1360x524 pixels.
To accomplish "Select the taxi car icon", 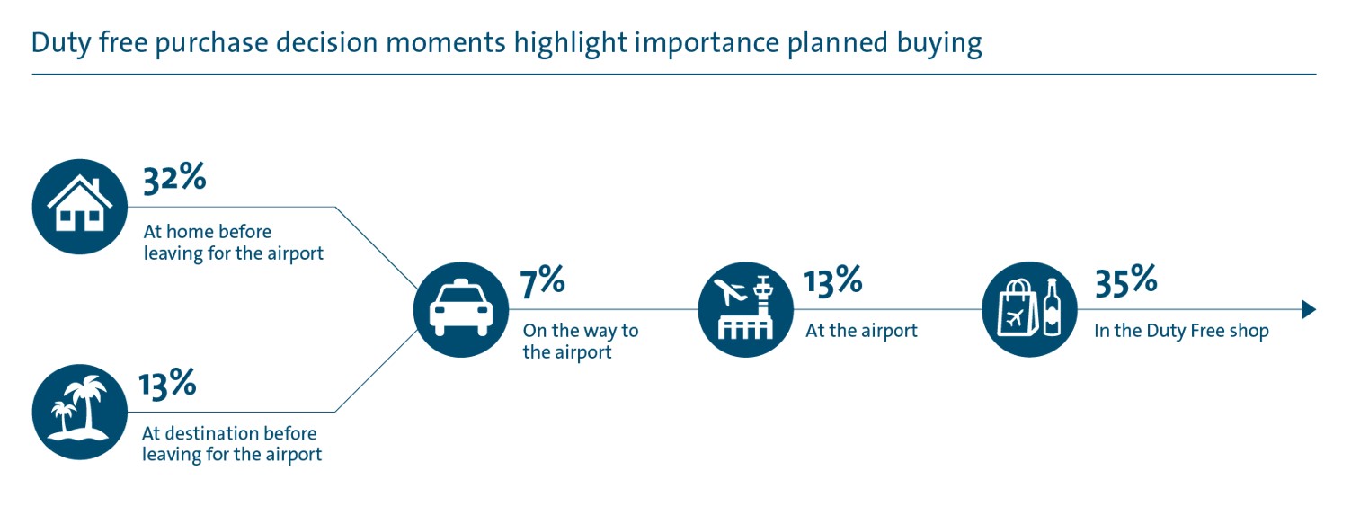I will (461, 310).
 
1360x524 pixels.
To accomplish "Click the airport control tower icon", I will (746, 310).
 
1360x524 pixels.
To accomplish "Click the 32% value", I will (174, 178).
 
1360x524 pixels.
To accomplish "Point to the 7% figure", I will (543, 281).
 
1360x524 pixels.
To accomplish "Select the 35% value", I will (1124, 281).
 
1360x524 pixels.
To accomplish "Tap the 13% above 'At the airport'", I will (832, 281).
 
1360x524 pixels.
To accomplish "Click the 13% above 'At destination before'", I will (167, 384).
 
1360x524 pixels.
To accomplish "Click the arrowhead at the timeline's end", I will (1309, 310).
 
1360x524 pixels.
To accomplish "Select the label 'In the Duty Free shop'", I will (1181, 331).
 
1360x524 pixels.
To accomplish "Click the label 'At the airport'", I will (861, 331).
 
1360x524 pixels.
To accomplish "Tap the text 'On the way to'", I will (581, 331).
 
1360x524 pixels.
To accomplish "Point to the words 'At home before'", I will (207, 233).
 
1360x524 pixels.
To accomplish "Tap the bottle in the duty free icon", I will (1050, 308).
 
